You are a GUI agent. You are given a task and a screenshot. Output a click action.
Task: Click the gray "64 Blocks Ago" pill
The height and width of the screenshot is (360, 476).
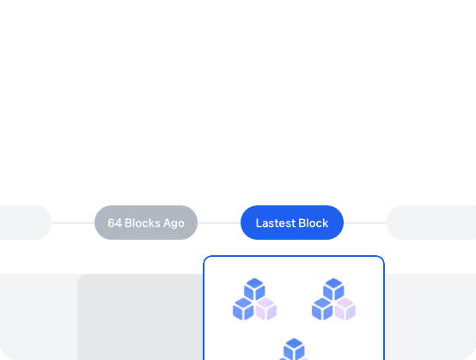(146, 223)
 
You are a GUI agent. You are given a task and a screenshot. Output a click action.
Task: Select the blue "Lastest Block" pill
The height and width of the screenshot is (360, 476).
(292, 223)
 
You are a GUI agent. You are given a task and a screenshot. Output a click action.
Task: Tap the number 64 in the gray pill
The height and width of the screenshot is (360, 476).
(115, 223)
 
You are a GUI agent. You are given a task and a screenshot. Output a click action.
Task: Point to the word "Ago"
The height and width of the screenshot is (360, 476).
(174, 223)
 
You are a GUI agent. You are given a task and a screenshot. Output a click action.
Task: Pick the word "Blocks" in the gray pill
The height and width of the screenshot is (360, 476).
(143, 223)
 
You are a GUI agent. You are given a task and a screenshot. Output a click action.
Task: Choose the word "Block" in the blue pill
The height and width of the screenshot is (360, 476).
(314, 223)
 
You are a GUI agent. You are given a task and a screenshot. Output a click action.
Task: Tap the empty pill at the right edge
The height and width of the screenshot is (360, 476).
(431, 223)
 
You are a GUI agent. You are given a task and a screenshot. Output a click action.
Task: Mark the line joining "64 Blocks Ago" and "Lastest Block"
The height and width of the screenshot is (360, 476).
(219, 223)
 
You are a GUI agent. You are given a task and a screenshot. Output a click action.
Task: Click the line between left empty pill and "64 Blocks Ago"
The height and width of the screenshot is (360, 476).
(73, 223)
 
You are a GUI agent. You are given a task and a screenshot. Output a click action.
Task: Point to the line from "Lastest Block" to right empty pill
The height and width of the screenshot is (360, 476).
(365, 223)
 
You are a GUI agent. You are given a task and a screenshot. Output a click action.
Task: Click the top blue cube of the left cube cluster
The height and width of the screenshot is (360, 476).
(254, 289)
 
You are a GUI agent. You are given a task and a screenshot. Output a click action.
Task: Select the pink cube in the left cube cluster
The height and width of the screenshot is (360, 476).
(266, 308)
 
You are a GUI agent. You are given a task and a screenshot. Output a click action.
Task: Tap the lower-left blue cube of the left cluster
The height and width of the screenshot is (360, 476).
(243, 308)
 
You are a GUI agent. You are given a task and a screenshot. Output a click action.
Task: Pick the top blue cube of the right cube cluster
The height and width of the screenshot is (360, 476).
(333, 289)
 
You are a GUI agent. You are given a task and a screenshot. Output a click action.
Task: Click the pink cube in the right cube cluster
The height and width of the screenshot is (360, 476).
(345, 308)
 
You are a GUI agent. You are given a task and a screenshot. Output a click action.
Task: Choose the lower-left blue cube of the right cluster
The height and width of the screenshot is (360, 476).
(322, 308)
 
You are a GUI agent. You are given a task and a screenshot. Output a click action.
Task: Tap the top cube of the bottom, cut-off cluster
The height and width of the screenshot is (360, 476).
(294, 349)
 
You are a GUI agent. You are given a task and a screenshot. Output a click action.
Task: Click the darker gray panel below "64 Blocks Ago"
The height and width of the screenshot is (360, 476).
(140, 317)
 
